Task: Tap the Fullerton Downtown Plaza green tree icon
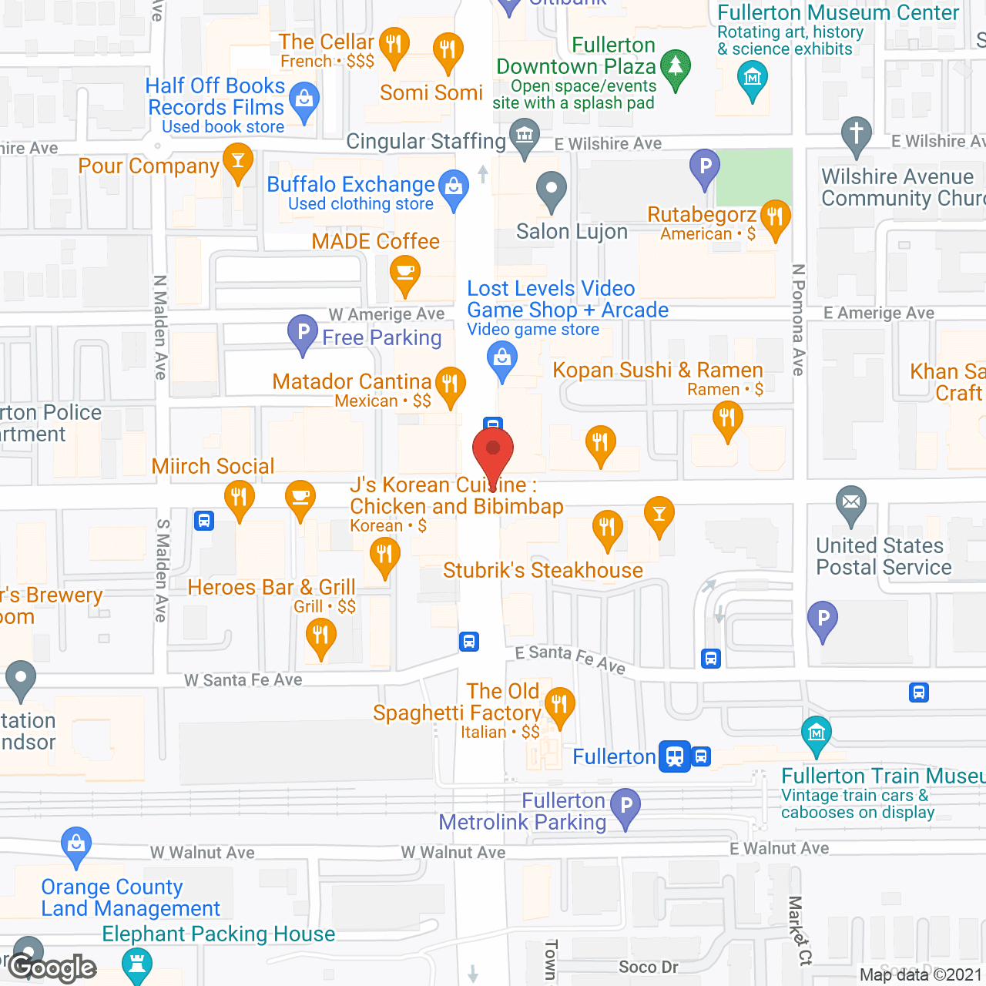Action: [x=676, y=68]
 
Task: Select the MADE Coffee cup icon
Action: [x=405, y=273]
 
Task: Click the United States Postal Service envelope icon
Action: [x=851, y=503]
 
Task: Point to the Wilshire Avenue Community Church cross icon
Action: [x=856, y=134]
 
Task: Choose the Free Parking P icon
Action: [x=303, y=334]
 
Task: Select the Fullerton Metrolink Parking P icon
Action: [x=625, y=807]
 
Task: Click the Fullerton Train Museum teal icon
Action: [x=817, y=733]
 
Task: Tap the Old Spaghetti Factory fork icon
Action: [x=559, y=705]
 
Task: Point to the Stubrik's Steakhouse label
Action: [x=542, y=570]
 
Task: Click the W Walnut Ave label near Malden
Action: [x=203, y=853]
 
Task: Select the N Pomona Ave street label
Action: [x=799, y=320]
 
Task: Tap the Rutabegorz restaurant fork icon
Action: [x=775, y=217]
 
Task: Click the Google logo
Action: [x=52, y=968]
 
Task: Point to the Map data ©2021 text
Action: [x=921, y=974]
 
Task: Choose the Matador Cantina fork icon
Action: [x=450, y=383]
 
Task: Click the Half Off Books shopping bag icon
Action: [x=304, y=100]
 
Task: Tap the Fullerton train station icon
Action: [x=675, y=756]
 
